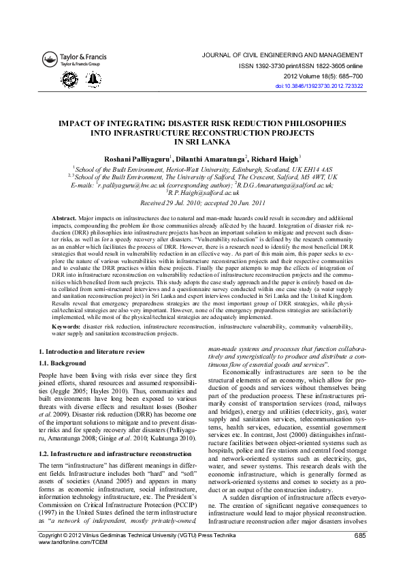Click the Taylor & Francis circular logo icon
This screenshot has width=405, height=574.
click(x=50, y=59)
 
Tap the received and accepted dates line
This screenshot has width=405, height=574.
click(x=202, y=203)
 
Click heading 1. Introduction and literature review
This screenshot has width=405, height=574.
click(x=92, y=351)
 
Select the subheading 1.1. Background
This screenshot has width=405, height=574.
click(x=63, y=363)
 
